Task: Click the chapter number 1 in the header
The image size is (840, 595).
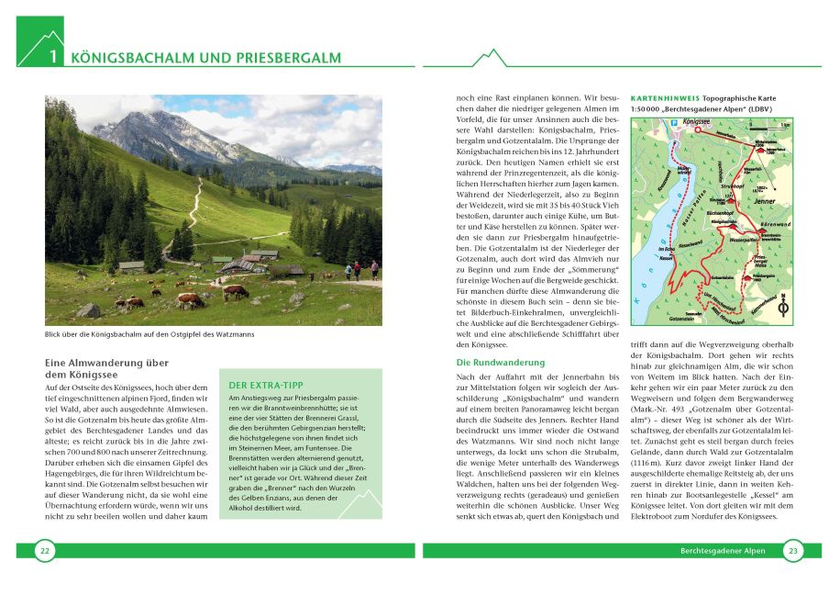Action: pos(53,58)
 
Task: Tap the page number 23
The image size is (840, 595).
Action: pos(792,550)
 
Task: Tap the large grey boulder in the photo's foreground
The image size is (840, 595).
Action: pos(88,310)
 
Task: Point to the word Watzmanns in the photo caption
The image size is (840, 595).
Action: pos(235,334)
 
